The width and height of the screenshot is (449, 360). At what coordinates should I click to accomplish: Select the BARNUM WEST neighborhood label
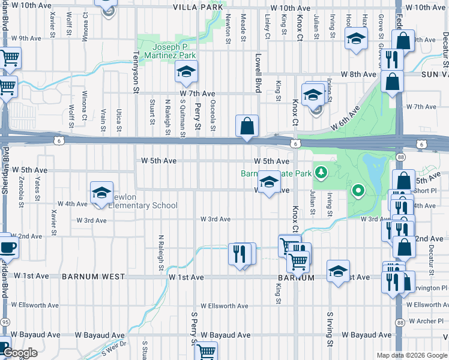[x=93, y=277]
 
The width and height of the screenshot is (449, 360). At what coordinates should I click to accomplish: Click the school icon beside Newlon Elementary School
[x=101, y=192]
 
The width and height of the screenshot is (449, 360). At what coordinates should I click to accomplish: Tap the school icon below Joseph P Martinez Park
[x=186, y=72]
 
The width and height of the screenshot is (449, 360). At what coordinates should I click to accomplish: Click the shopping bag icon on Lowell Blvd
[x=247, y=126]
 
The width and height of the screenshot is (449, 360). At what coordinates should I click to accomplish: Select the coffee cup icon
[x=7, y=247]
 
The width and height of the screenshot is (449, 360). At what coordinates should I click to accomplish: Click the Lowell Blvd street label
[x=258, y=73]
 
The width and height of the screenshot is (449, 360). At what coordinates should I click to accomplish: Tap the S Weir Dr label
[x=115, y=347]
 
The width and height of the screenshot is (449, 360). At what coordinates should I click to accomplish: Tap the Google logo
[x=20, y=353]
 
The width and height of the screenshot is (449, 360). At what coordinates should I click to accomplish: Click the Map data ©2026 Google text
[x=411, y=355]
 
